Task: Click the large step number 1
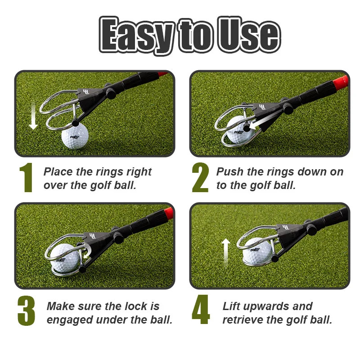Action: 26,178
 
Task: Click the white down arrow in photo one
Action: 33,116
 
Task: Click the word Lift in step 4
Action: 232,306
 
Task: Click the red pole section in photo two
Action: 342,81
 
